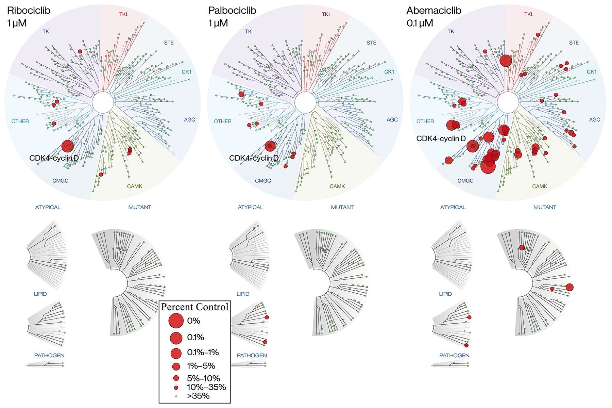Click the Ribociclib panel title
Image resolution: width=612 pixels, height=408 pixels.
pos(29,11)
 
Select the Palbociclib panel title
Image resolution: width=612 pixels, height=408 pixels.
pos(232,11)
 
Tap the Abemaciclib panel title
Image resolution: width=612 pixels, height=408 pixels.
pos(434,11)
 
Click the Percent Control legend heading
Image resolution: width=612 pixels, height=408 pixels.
pos(194,307)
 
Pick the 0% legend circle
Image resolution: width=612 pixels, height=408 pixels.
pos(176,321)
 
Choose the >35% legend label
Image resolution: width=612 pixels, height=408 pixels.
pos(198,396)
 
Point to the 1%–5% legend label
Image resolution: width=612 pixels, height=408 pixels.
pos(201,366)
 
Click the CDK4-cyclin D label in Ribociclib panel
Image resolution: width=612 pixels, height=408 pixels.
pos(54,158)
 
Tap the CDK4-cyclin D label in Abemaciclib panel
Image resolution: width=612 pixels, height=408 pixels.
pos(441,138)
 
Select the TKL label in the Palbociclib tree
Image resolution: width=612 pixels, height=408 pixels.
pos(326,14)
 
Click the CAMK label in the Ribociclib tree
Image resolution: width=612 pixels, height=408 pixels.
pos(135,186)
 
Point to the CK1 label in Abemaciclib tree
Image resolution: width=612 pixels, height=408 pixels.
pos(592,72)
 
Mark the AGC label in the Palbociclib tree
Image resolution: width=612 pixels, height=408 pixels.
pos(392,119)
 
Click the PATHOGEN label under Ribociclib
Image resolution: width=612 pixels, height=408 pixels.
pos(49,355)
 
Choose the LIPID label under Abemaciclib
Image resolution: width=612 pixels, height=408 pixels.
pos(445,294)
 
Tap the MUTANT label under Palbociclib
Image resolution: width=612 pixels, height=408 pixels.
pos(342,207)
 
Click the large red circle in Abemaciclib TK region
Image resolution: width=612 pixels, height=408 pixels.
pos(506,61)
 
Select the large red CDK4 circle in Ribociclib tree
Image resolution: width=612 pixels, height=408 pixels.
pos(67,146)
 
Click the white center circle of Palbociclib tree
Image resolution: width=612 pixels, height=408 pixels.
pos(305,102)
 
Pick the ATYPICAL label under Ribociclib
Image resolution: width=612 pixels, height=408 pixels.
pos(48,207)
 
